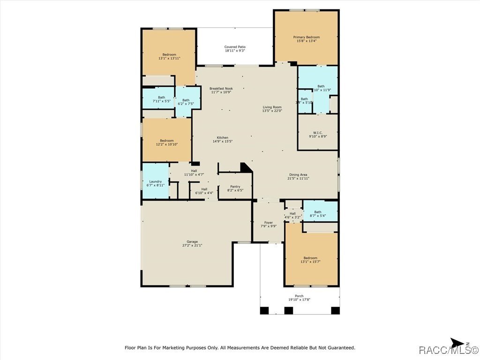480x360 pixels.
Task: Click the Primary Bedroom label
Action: tap(306, 37)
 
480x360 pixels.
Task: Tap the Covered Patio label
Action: tap(235, 47)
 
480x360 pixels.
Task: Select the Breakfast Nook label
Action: tap(221, 89)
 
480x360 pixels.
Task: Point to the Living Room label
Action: tap(272, 107)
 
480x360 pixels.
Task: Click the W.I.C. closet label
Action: tap(317, 133)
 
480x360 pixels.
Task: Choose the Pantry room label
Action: tap(235, 187)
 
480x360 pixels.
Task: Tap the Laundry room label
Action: tap(155, 182)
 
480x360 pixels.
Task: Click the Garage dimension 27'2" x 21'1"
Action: tap(192, 245)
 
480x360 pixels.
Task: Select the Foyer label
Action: tap(269, 223)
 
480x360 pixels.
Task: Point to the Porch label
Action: tap(299, 296)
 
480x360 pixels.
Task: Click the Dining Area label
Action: tap(299, 175)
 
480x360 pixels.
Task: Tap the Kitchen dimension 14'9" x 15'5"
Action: tap(223, 141)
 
